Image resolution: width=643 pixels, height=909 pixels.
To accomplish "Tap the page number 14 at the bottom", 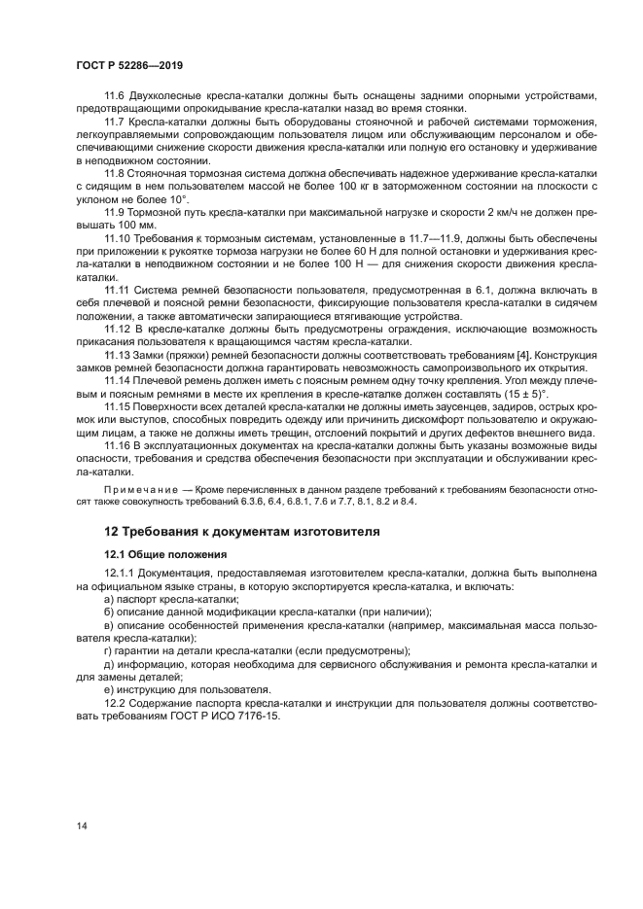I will (x=82, y=825).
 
